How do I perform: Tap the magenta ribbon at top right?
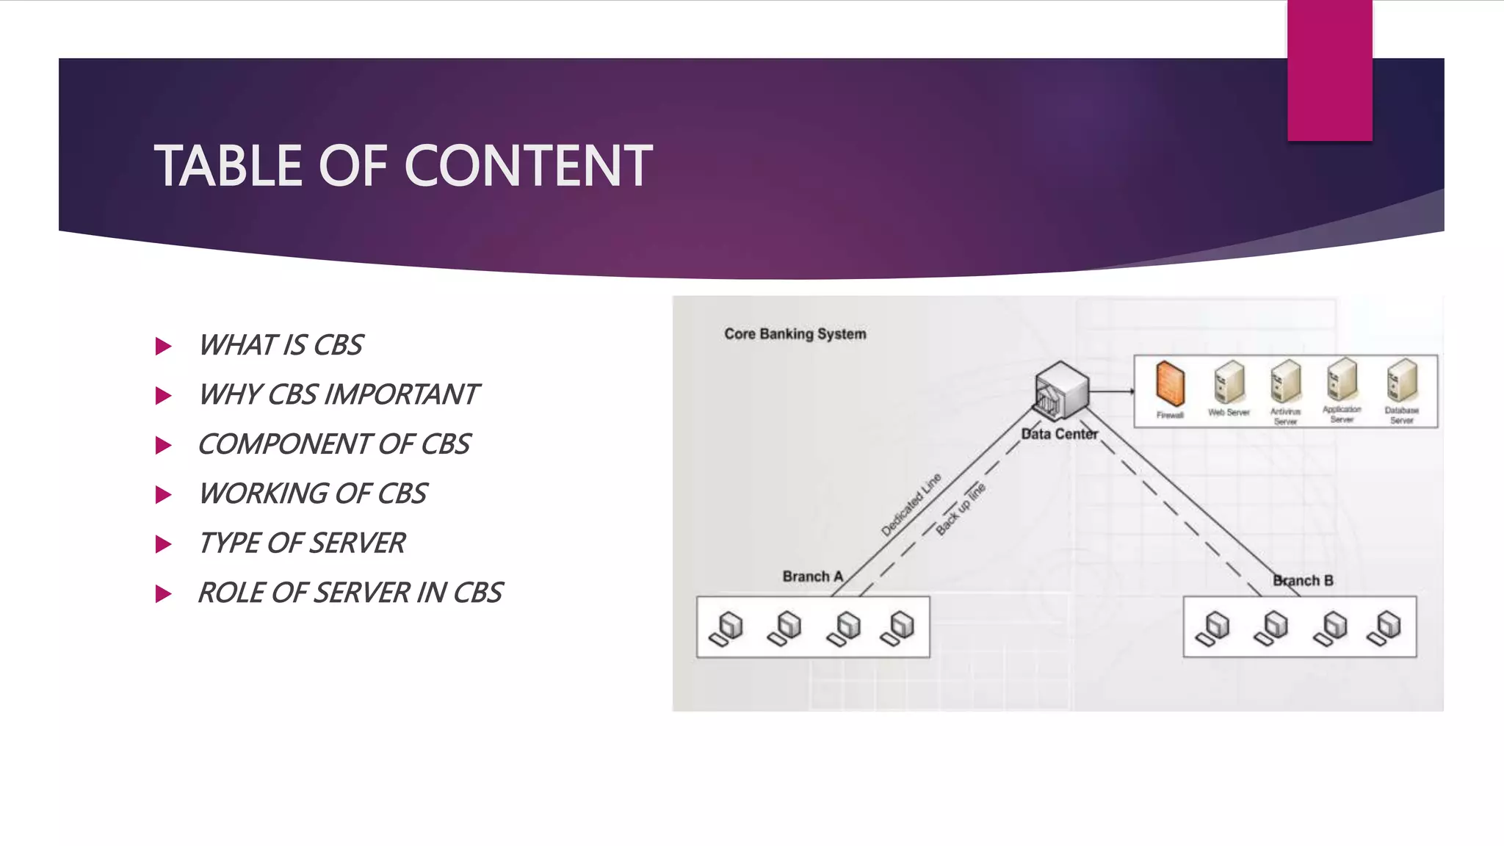click(1329, 70)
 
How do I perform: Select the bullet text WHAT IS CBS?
click(281, 345)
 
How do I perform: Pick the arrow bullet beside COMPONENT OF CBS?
click(164, 445)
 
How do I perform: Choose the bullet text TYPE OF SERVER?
click(301, 543)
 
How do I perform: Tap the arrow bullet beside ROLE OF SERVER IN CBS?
click(164, 593)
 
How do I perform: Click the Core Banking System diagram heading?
click(795, 334)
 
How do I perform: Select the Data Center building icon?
click(1060, 389)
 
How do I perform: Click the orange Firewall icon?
click(1170, 383)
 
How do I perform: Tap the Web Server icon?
click(1229, 383)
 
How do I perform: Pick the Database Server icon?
click(1401, 380)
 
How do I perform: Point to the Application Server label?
click(1342, 414)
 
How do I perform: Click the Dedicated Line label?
click(911, 505)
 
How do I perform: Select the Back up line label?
click(961, 508)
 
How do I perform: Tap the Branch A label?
click(812, 576)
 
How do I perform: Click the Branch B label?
click(1303, 581)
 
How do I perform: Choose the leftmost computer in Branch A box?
click(726, 629)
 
